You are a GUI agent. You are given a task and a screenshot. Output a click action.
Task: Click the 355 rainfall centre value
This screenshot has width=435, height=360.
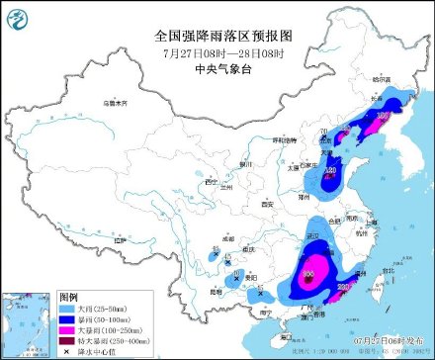tap(308, 276)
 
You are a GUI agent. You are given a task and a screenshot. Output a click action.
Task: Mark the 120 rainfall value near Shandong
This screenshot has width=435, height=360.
tap(330, 170)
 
